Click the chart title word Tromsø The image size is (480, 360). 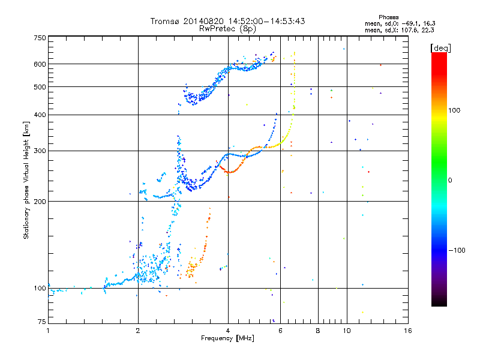tap(167, 21)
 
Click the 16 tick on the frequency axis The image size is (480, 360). tap(408, 331)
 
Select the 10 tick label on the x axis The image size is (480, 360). tap(346, 331)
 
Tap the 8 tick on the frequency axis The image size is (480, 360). tap(318, 331)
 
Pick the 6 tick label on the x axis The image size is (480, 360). tap(280, 331)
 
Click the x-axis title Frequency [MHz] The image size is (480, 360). tap(227, 339)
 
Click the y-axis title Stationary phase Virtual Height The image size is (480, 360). tap(26, 180)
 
